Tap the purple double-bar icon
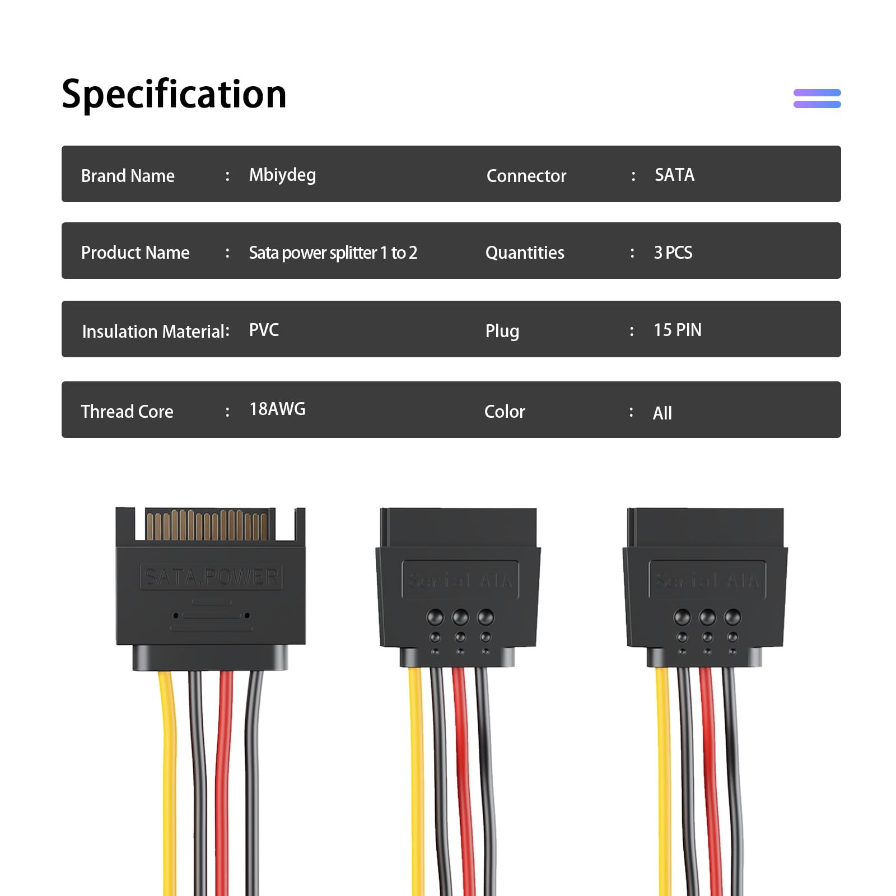pyautogui.click(x=817, y=99)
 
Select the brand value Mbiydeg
pyautogui.click(x=282, y=175)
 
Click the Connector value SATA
pyautogui.click(x=674, y=175)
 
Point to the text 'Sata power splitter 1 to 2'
pyautogui.click(x=333, y=253)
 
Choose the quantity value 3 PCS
pyautogui.click(x=673, y=253)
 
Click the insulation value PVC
pyautogui.click(x=264, y=330)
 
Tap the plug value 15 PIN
pyautogui.click(x=678, y=330)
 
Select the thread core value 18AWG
pyautogui.click(x=277, y=409)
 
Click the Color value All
pyautogui.click(x=662, y=413)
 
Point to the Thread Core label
pyautogui.click(x=127, y=412)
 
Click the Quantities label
pyautogui.click(x=525, y=253)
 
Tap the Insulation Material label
pyautogui.click(x=156, y=332)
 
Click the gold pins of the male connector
pyautogui.click(x=207, y=525)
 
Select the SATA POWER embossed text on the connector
pyautogui.click(x=211, y=577)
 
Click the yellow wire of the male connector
pyautogui.click(x=168, y=784)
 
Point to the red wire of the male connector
pyautogui.click(x=224, y=784)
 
